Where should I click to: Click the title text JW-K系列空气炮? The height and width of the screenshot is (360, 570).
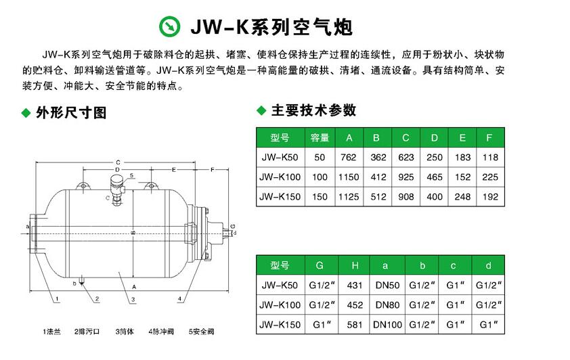(x=271, y=26)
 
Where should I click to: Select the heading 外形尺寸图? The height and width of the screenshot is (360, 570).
(x=71, y=113)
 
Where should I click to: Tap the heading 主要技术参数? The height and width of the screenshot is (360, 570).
(x=312, y=111)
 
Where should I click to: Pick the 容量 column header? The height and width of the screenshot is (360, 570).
(x=320, y=138)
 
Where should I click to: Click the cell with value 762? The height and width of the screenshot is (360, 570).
(x=349, y=157)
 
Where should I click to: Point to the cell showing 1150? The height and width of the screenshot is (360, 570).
(x=349, y=177)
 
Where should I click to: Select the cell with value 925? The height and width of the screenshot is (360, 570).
(x=405, y=177)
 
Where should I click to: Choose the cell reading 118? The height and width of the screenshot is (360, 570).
(x=489, y=157)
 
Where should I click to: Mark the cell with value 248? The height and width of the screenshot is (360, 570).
(x=462, y=197)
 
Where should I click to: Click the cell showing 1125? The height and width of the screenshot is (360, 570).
(x=349, y=197)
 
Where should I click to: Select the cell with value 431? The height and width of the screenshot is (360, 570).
(x=355, y=286)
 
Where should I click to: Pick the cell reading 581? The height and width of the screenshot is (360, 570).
(x=355, y=325)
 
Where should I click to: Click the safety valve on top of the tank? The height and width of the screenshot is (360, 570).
(x=116, y=184)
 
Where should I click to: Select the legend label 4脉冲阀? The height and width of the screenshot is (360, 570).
(x=162, y=332)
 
